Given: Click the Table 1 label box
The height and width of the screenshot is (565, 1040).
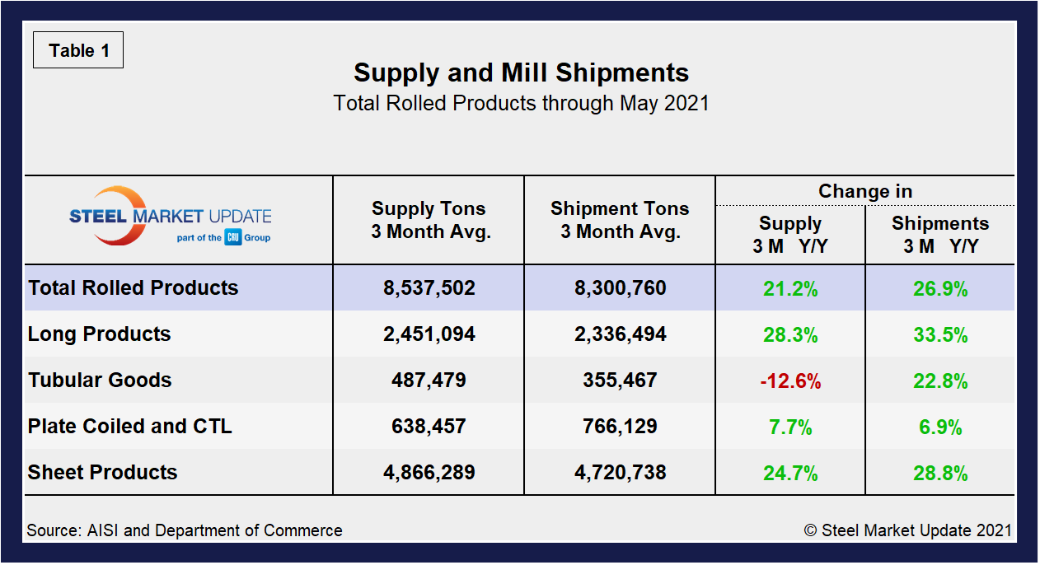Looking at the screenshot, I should click(78, 50).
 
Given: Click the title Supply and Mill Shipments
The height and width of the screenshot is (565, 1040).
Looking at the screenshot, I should click(521, 72).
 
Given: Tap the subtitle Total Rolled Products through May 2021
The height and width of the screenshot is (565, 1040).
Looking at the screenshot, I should click(521, 104).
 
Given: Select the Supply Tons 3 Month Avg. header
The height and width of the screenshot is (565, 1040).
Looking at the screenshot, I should click(429, 220).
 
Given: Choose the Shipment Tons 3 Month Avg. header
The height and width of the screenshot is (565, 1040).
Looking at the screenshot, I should click(620, 220).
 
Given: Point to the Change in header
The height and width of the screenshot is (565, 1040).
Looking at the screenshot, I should click(864, 191).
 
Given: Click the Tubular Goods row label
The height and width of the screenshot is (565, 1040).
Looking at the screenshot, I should click(100, 381).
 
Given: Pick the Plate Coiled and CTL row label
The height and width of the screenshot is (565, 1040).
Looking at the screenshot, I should click(129, 427).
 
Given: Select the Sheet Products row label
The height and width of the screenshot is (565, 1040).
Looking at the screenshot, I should click(102, 473).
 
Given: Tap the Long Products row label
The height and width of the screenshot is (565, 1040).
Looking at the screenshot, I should click(99, 334).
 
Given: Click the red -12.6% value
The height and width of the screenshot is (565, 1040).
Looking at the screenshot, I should click(789, 381).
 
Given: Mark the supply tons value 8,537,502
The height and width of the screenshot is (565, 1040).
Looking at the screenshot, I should click(429, 288).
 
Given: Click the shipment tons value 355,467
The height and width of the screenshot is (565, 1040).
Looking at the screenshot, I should click(620, 381).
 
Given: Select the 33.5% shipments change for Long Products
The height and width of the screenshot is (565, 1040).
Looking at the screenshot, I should click(939, 335).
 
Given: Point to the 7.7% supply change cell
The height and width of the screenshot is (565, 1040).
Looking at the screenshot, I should click(789, 427).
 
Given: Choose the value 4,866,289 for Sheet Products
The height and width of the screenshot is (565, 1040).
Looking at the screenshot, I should click(429, 473).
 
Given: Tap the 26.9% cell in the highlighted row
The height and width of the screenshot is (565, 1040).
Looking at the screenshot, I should click(939, 289).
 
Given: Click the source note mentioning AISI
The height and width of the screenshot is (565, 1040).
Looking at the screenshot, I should click(185, 530).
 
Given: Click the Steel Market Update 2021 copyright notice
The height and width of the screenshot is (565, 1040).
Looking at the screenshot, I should click(907, 530).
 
